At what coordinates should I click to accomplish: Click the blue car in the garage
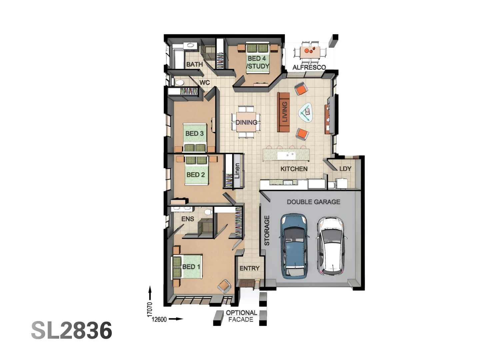pos(294,246)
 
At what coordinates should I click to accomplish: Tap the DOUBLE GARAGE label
pos(313,202)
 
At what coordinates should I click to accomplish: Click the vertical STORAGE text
pos(267,230)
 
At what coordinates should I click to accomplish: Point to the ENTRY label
pos(249,268)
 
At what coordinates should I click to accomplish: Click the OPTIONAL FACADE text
pos(241,316)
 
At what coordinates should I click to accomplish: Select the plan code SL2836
pos(72,330)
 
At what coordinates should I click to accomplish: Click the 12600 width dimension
pos(159,319)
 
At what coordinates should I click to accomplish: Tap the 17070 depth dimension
pos(150,309)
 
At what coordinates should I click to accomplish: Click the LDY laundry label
pos(345,169)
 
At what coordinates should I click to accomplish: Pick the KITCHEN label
pos(294,169)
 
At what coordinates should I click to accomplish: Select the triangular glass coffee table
pos(305,113)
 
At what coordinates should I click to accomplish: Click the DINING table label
pos(246,122)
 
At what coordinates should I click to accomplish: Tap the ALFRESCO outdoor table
pos(310,52)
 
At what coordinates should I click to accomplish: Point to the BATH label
pos(194,64)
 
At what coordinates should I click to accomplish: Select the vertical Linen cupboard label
pos(237,171)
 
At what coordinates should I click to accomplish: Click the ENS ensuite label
pos(188,219)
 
